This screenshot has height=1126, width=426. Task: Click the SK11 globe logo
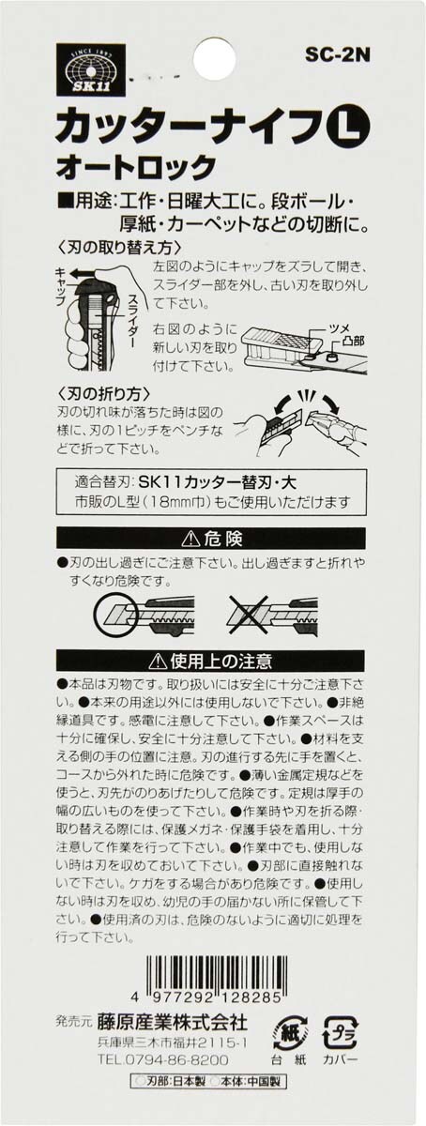(86, 69)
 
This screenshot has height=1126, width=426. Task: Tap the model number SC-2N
(338, 55)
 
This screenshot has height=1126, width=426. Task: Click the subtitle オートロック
(136, 167)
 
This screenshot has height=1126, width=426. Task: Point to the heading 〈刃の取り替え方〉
(120, 249)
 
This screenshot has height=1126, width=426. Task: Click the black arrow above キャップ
(84, 274)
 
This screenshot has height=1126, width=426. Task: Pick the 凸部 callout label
(352, 342)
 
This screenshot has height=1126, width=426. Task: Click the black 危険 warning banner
(211, 539)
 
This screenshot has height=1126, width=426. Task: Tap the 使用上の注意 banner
(211, 661)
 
